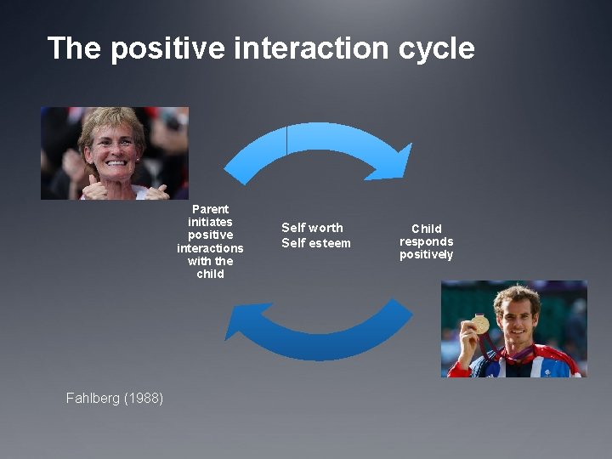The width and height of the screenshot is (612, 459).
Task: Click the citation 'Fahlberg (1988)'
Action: pos(115,398)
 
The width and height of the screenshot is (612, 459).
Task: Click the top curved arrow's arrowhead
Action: pos(393,163)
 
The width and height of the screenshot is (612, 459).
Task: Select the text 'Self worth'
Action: pos(312,228)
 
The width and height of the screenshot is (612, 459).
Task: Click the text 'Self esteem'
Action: pos(315,243)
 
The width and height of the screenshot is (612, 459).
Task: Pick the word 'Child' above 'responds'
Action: pos(426,229)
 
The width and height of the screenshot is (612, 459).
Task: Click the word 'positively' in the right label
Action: pos(426,255)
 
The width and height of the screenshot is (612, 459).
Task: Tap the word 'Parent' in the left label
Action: pos(210,209)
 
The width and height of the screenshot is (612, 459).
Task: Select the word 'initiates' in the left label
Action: pos(210,222)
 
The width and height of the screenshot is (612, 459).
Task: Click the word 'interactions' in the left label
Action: pos(210,248)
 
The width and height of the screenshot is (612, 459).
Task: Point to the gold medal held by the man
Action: pos(480,325)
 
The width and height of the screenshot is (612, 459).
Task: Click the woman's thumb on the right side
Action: pos(156,186)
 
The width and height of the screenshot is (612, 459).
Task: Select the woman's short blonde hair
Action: pos(110,120)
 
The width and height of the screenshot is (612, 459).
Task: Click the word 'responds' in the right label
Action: pos(426,242)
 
